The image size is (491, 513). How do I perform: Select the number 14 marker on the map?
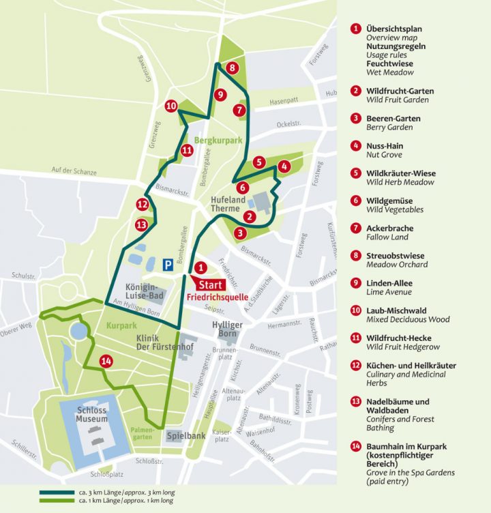pyautogui.click(x=106, y=362)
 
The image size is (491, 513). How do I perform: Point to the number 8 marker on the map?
pyautogui.click(x=233, y=68)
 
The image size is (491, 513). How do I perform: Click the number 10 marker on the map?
pyautogui.click(x=171, y=106)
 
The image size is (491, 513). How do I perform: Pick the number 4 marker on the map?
pyautogui.click(x=284, y=166)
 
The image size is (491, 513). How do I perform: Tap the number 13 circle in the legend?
pyautogui.click(x=355, y=402)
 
